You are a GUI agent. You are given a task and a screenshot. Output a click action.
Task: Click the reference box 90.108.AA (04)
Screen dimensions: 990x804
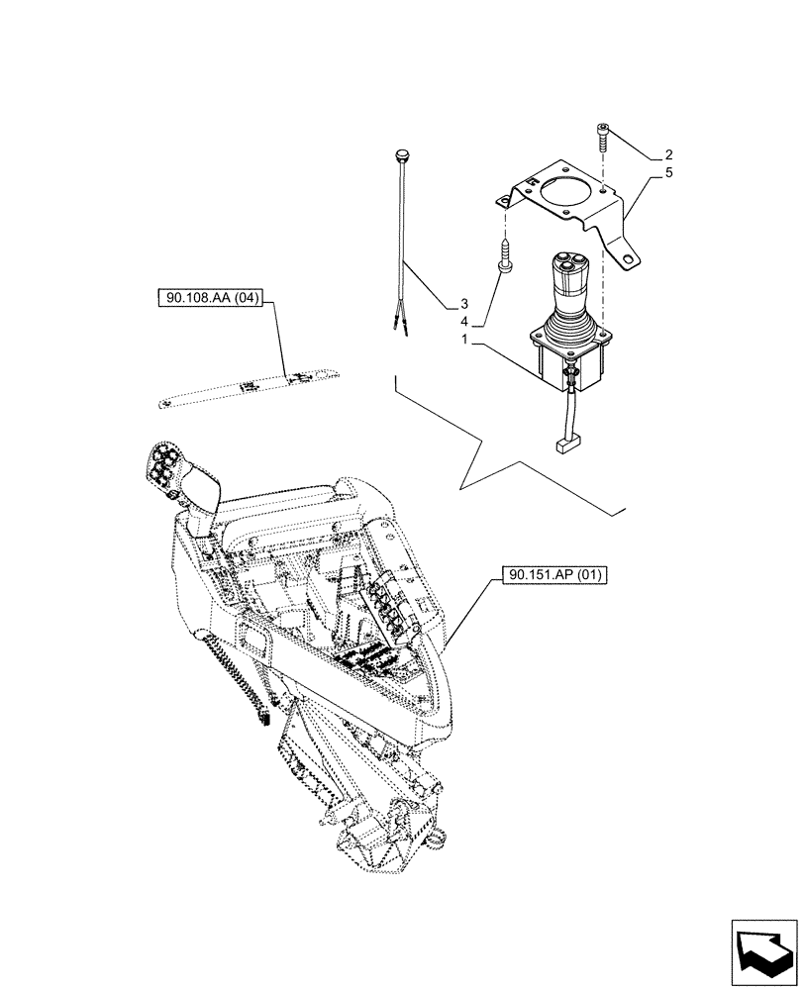[x=208, y=297]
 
